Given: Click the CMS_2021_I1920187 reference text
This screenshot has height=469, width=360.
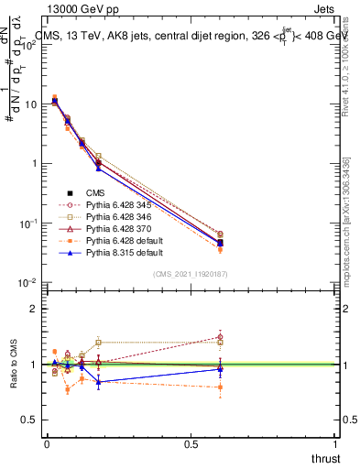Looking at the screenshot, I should (x=191, y=274).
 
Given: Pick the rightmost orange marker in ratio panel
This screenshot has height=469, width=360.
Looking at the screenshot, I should (x=220, y=387).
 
